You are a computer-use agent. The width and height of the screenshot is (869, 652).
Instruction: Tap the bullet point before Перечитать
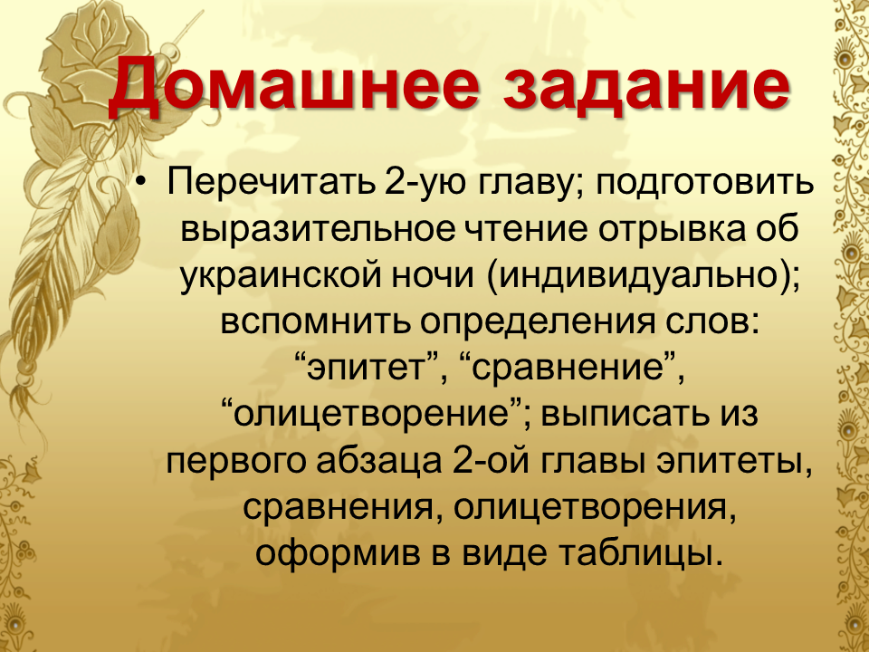[x=143, y=182]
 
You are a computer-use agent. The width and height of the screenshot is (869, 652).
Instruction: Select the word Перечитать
[x=271, y=183]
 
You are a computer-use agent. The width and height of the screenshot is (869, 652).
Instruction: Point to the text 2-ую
[x=425, y=184]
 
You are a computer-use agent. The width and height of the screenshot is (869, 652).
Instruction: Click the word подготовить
[x=705, y=184]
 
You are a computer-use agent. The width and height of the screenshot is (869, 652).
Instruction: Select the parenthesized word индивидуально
[x=644, y=276]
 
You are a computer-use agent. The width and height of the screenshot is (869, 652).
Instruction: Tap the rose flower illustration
[x=94, y=54]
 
